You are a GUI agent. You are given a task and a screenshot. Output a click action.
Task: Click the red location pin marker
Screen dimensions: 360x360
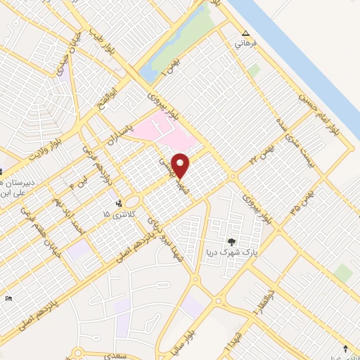pos(181,165)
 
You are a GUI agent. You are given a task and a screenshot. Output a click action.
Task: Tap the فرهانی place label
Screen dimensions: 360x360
pos(247,44)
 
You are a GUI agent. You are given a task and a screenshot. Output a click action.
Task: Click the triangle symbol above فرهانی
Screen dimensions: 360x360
pos(245,33)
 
